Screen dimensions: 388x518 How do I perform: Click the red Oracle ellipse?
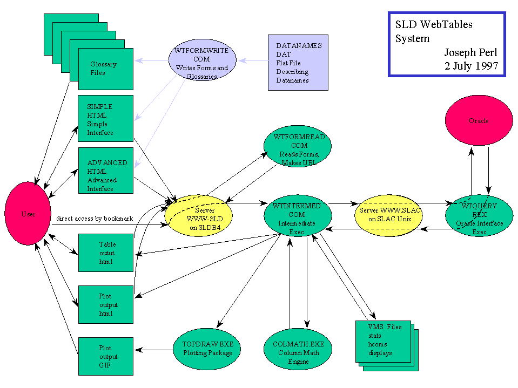tap(479, 121)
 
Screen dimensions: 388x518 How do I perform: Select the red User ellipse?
tap(28, 214)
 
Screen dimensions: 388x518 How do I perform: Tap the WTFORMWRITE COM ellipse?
tap(202, 63)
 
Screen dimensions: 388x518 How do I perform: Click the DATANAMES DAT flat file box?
tap(298, 62)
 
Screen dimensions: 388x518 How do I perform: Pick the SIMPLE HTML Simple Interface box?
tap(106, 119)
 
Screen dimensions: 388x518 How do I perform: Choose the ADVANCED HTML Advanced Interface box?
tap(106, 171)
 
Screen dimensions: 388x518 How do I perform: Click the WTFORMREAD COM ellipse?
tap(298, 145)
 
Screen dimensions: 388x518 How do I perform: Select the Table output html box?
tap(106, 253)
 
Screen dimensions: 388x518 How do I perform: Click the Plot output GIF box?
tap(106, 356)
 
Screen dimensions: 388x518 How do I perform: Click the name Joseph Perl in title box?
tap(470, 53)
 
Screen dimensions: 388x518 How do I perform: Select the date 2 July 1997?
tap(471, 67)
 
